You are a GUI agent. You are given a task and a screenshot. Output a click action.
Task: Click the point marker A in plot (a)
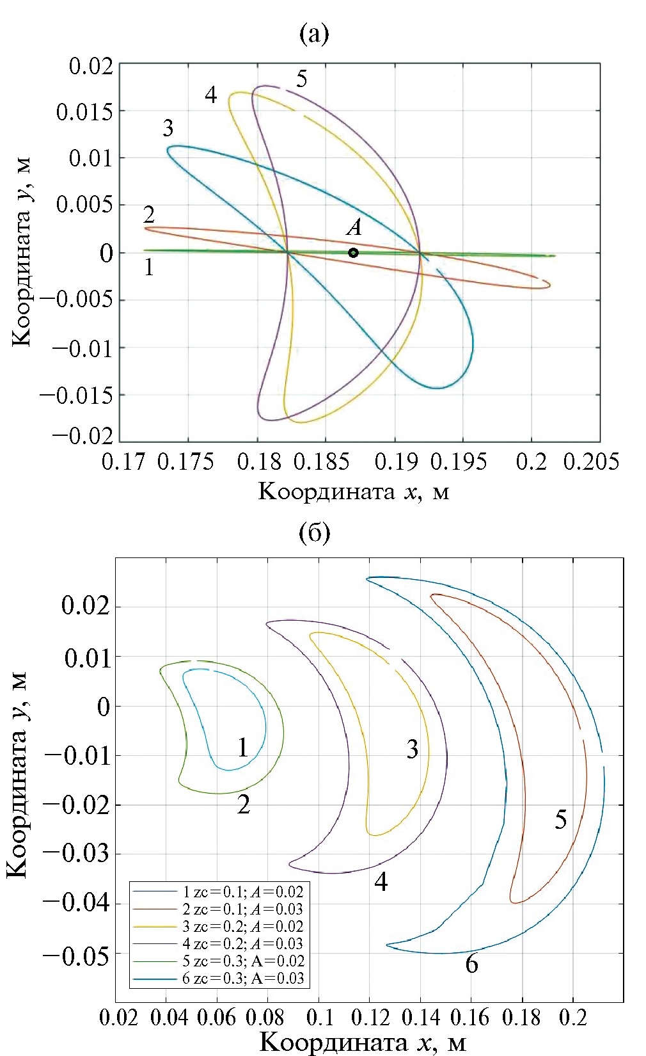[353, 253]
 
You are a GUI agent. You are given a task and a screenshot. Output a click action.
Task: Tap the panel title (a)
[314, 33]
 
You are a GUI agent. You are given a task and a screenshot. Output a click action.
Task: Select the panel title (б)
[314, 532]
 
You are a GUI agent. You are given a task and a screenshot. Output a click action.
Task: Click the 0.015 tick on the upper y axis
[84, 112]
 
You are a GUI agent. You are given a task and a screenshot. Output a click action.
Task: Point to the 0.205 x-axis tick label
[591, 461]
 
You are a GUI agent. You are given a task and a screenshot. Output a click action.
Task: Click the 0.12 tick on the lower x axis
[370, 1017]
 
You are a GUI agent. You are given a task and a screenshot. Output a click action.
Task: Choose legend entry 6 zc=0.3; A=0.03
[243, 978]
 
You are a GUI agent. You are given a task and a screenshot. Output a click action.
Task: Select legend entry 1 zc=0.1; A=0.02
[243, 892]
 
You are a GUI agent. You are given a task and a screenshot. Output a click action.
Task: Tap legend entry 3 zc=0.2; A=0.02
[243, 926]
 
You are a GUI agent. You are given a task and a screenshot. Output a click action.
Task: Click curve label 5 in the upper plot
[301, 79]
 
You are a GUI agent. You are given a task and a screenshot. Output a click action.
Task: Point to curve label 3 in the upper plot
[168, 128]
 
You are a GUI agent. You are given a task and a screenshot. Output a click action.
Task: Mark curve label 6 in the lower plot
[471, 964]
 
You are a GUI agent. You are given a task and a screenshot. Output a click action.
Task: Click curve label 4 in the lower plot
[381, 883]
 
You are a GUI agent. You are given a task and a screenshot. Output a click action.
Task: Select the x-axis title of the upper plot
[354, 492]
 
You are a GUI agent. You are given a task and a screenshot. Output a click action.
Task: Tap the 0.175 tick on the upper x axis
[185, 461]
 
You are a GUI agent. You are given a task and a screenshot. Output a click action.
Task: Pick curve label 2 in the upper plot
[149, 214]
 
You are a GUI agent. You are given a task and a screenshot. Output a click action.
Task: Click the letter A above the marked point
[354, 227]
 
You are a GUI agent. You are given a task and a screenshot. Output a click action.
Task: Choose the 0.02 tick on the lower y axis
[86, 606]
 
